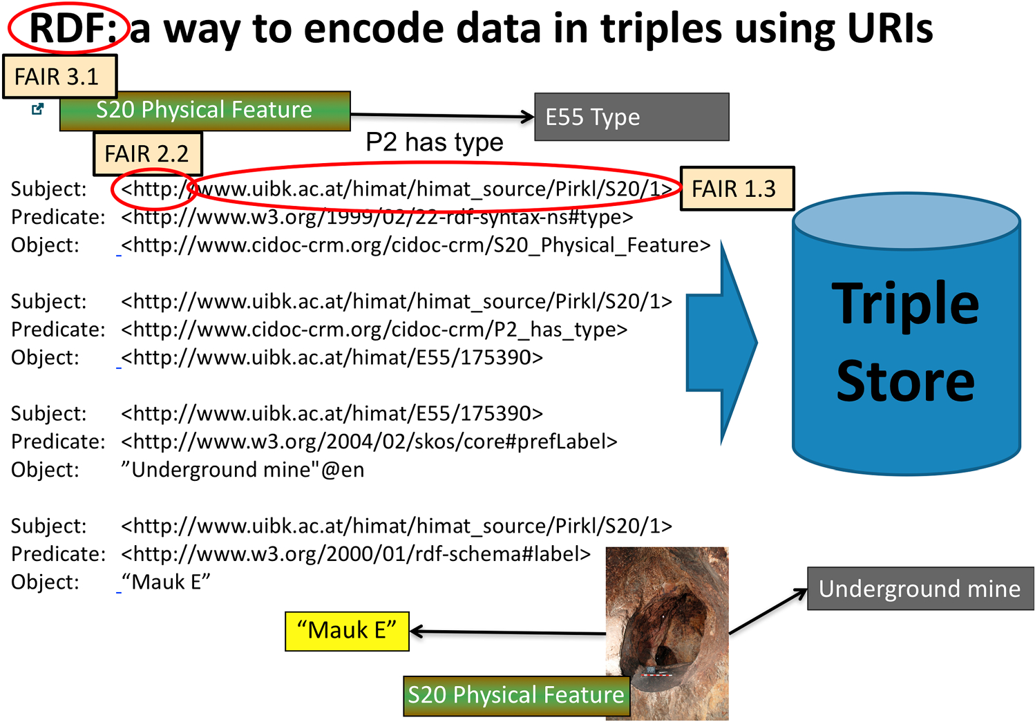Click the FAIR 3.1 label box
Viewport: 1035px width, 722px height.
click(x=59, y=76)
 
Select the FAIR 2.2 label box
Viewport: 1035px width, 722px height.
click(x=147, y=153)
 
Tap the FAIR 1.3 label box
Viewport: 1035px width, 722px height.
click(x=737, y=189)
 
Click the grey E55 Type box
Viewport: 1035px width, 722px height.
click(x=631, y=117)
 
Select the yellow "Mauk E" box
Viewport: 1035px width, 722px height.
click(x=347, y=631)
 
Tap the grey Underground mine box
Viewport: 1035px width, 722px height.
click(x=920, y=589)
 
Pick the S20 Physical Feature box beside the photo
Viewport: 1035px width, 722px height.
click(x=515, y=695)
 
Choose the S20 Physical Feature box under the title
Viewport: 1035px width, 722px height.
click(x=205, y=111)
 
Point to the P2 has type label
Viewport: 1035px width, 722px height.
click(x=434, y=142)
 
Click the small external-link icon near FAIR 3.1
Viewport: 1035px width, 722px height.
click(x=38, y=108)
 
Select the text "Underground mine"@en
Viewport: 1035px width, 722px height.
click(x=243, y=470)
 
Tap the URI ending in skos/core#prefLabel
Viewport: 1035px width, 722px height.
click(x=369, y=441)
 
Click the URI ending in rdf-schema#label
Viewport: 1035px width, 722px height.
click(x=356, y=554)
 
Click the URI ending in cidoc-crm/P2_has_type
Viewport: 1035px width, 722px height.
click(x=374, y=330)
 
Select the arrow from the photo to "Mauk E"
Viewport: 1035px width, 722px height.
click(x=508, y=631)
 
